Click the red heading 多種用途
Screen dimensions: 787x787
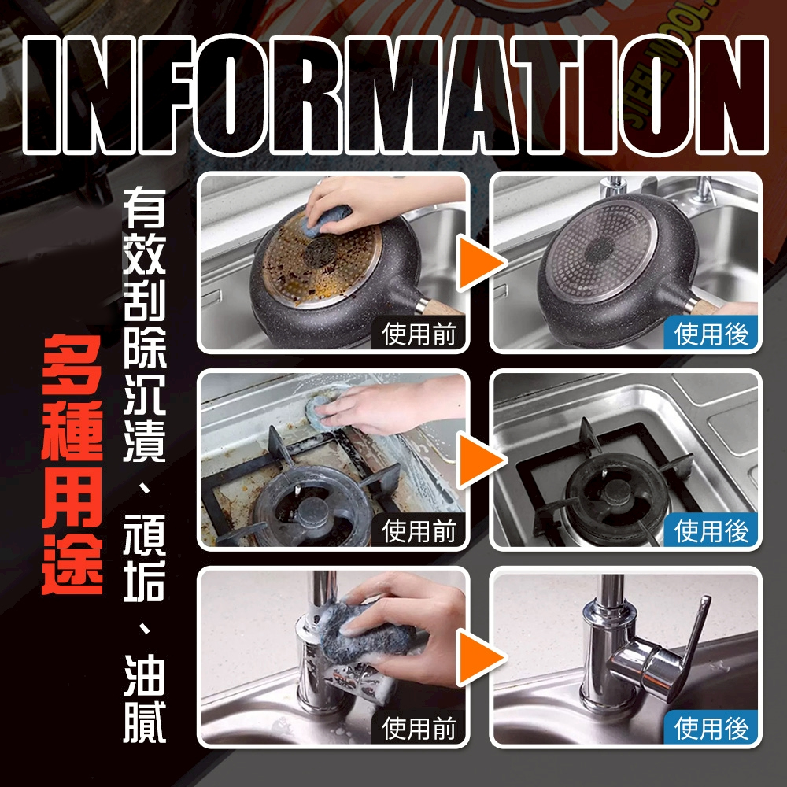tap(72, 465)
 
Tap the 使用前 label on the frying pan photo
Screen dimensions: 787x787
tap(419, 334)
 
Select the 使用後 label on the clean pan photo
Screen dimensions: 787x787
tap(711, 334)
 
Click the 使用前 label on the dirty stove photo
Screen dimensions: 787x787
tap(419, 531)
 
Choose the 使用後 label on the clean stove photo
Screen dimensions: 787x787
tap(711, 531)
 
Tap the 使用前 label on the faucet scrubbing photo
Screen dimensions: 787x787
tap(419, 728)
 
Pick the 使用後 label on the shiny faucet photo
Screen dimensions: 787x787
tap(711, 728)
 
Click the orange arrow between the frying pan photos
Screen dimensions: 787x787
tap(479, 263)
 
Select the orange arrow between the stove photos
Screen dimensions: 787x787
tap(479, 460)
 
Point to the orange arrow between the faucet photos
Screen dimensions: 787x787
tap(479, 657)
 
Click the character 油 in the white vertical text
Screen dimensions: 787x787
tap(145, 675)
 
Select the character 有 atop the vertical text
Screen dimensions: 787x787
tap(145, 207)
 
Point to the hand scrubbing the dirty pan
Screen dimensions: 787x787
tap(371, 201)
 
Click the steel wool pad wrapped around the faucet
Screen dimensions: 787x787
tap(364, 633)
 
